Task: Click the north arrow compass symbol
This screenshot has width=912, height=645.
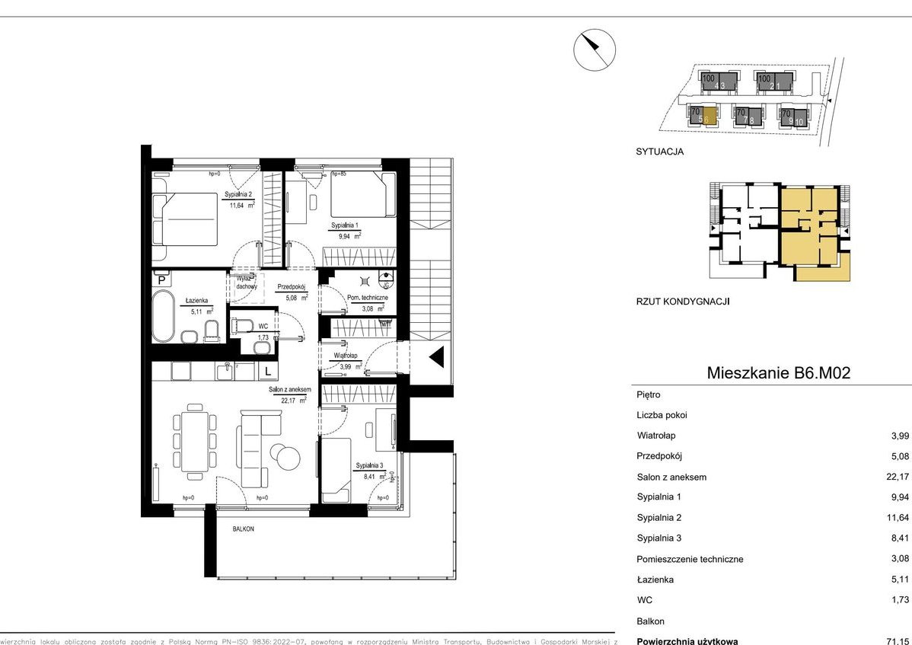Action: pos(595,50)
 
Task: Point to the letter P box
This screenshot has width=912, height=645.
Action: pos(161,280)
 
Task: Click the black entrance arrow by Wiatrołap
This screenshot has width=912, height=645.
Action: pos(438,357)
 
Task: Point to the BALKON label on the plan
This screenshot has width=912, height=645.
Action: pos(244,528)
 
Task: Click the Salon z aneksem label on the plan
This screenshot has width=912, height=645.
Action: pos(289,391)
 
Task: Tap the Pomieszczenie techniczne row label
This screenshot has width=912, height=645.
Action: pos(690,559)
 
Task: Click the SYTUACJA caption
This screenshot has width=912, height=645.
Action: pos(659,152)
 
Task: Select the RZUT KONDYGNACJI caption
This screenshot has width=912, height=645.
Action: pos(683,302)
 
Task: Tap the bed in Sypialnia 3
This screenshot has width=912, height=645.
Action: pos(336,470)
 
